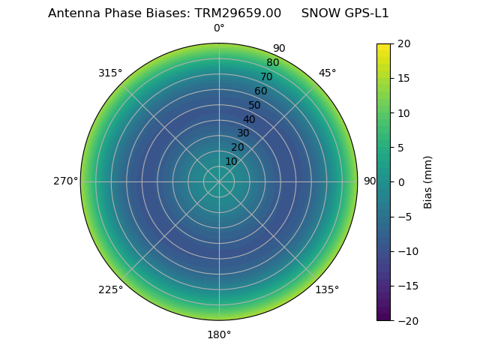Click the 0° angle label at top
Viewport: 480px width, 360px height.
coord(219,28)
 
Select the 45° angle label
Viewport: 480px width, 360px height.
coord(327,73)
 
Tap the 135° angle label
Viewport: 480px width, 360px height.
coord(327,289)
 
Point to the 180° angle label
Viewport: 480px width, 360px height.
coord(219,334)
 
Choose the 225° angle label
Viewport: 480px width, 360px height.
coord(110,289)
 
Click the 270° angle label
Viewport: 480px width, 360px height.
coord(65,181)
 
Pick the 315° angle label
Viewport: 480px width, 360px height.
coord(110,73)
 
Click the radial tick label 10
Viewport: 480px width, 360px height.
coord(231,161)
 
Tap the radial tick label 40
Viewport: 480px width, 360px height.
coord(249,119)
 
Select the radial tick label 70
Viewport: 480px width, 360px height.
coord(266,76)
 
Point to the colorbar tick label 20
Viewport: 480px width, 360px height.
coord(403,43)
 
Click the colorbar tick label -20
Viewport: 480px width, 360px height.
coord(406,320)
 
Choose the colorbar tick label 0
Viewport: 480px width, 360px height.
coord(401,182)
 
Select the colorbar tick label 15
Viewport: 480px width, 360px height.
coord(403,78)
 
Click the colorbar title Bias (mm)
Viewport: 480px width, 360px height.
coord(428,182)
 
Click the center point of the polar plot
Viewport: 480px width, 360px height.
coord(219,181)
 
